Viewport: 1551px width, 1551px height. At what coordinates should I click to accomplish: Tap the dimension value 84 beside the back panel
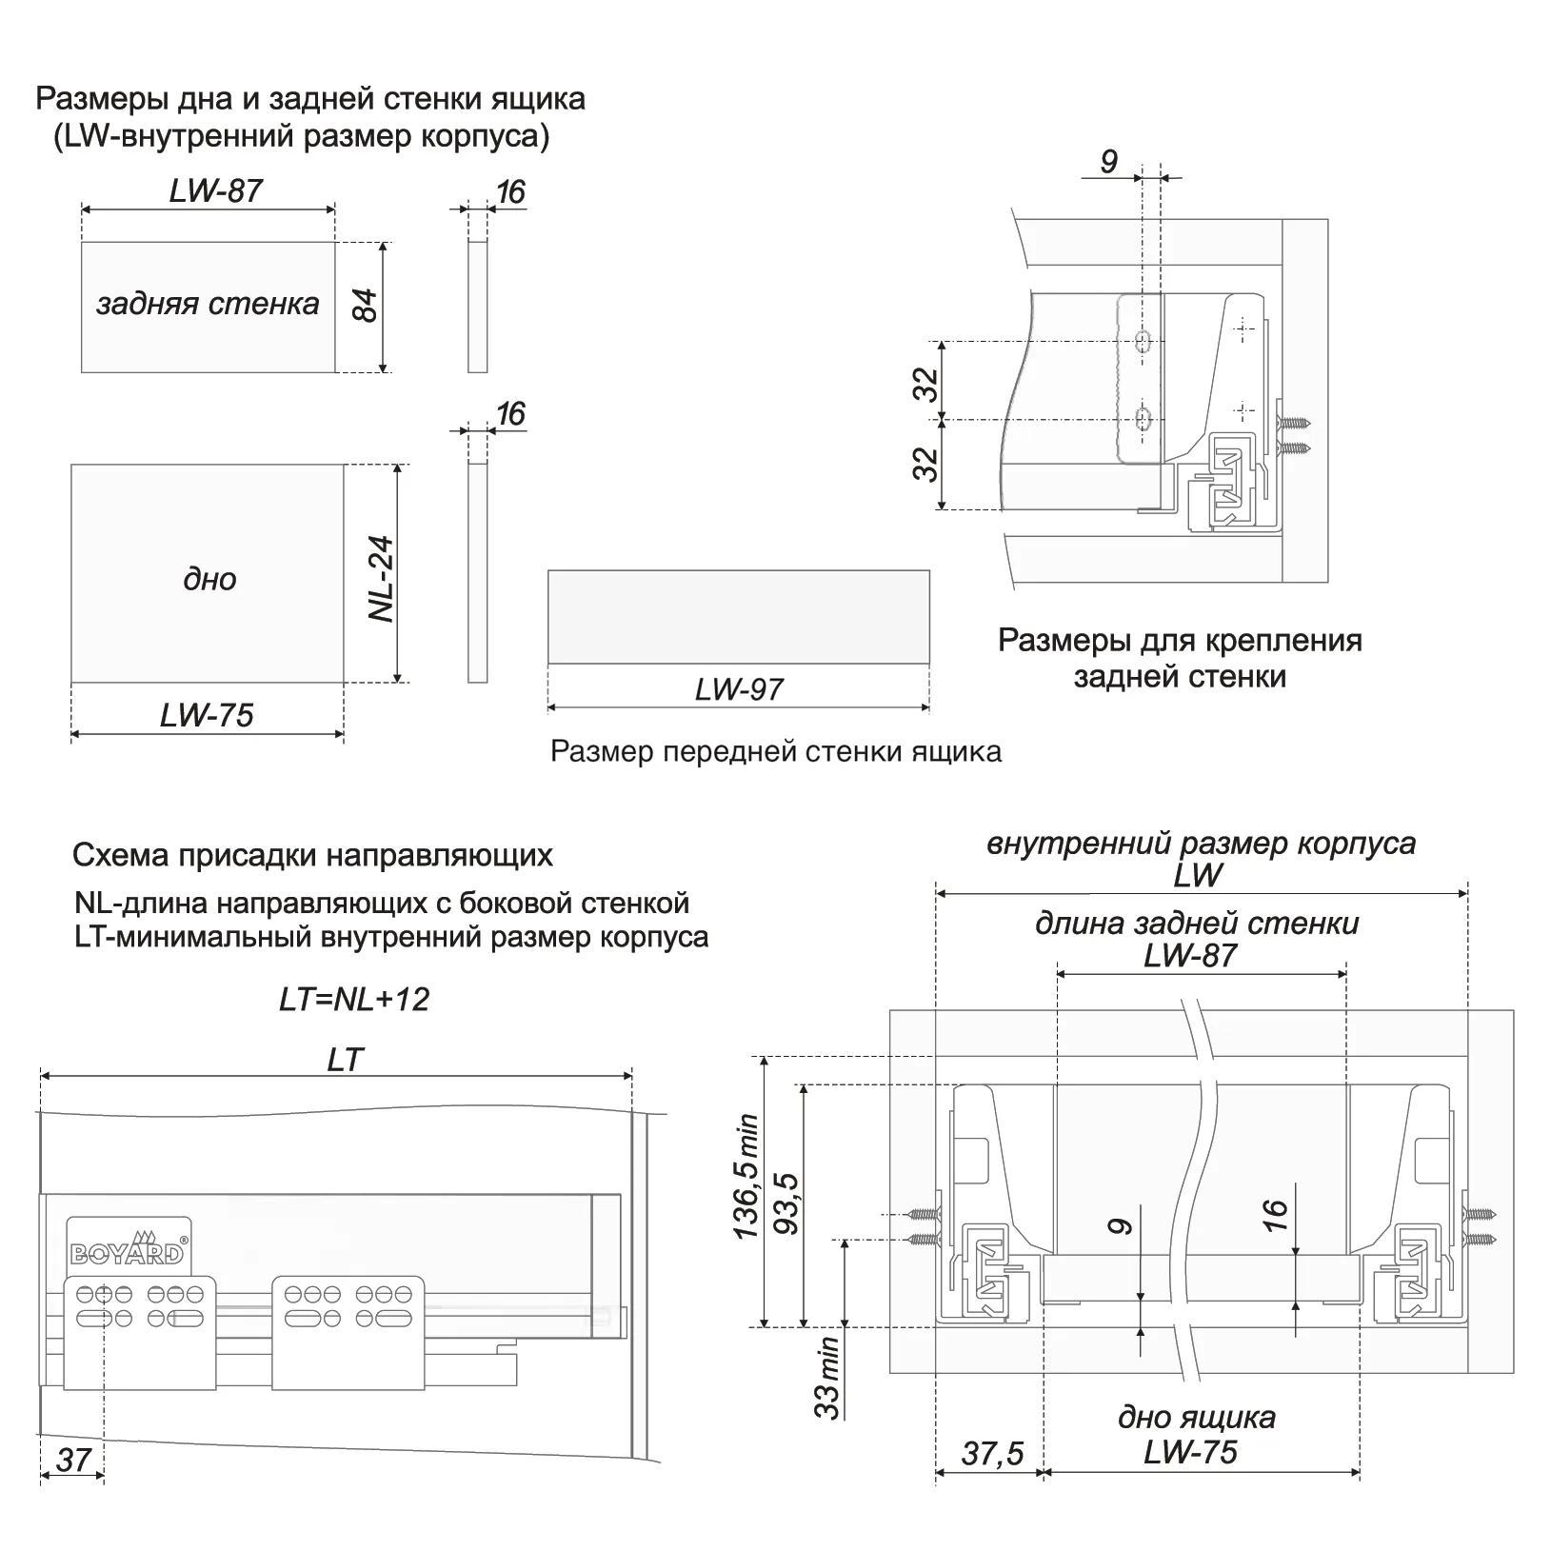click(365, 306)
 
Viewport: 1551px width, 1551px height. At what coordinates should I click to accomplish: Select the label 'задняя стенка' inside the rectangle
click(208, 304)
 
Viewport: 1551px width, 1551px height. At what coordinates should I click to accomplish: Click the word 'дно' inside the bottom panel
click(209, 579)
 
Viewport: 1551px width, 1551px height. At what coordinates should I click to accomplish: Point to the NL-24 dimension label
click(382, 579)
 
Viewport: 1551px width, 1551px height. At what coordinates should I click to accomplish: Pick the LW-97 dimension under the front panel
click(738, 688)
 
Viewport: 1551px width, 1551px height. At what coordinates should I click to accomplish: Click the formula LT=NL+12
click(354, 1000)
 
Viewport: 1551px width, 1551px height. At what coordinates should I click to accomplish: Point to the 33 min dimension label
click(827, 1378)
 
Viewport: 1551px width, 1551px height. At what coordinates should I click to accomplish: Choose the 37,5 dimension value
click(992, 1453)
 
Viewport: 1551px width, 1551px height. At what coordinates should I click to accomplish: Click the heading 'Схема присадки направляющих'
click(312, 855)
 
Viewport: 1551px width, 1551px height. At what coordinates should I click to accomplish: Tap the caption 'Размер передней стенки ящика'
click(776, 752)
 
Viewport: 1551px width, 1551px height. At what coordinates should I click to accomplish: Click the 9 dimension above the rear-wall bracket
click(1109, 162)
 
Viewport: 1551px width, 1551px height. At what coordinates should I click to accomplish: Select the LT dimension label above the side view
click(345, 1060)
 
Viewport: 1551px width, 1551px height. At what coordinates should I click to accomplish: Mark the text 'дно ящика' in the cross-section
click(1196, 1417)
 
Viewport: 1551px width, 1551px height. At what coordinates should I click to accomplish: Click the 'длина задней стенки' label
click(1197, 923)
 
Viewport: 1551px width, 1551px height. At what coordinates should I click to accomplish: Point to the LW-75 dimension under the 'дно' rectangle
click(207, 715)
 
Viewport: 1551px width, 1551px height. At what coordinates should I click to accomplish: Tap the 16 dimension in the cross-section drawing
click(1276, 1214)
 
